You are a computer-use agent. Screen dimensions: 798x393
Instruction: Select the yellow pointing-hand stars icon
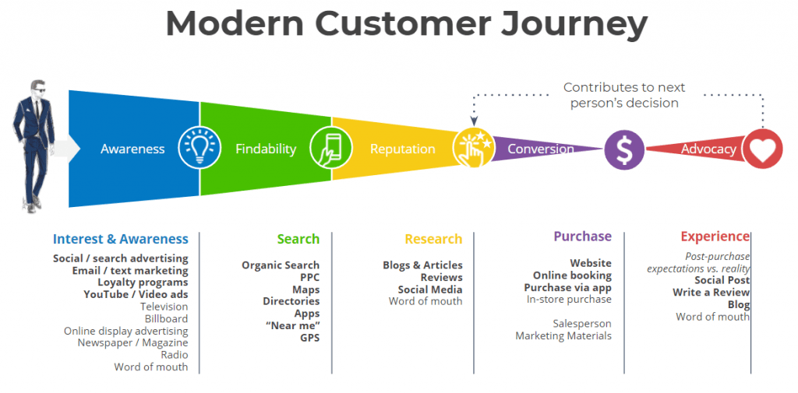click(x=473, y=147)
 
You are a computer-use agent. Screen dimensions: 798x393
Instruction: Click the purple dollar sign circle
click(x=624, y=149)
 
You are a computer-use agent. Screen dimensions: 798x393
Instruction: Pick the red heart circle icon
click(x=762, y=149)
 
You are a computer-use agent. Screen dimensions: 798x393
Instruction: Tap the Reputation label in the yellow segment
click(x=403, y=149)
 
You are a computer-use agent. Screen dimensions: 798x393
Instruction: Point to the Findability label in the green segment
click(x=266, y=149)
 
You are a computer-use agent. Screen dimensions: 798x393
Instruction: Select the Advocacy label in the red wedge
click(x=708, y=149)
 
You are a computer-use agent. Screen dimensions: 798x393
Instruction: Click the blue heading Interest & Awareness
click(x=121, y=239)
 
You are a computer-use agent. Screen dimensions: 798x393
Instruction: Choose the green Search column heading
click(x=298, y=239)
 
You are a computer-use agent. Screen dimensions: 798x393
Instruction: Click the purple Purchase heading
click(x=582, y=237)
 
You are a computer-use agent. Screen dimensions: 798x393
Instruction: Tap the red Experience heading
click(x=715, y=237)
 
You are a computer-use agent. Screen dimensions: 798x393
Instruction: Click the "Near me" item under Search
click(x=293, y=325)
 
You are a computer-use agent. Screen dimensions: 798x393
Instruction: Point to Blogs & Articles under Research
click(x=422, y=265)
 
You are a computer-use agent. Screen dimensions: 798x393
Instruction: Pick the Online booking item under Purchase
click(x=572, y=275)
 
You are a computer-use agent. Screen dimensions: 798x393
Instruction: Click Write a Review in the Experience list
click(x=711, y=293)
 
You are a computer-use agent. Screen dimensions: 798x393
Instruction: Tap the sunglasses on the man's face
click(x=39, y=90)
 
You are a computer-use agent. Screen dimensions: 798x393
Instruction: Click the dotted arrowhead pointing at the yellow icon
click(x=474, y=121)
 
